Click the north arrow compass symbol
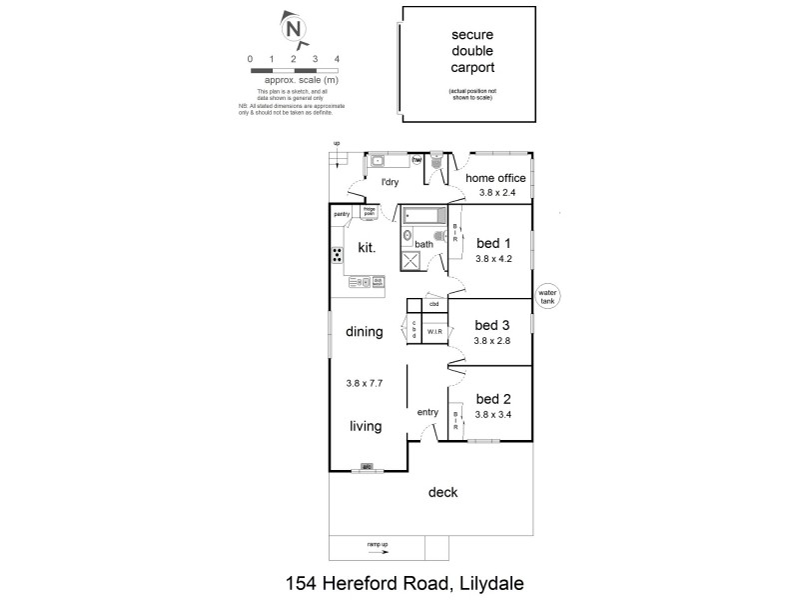(x=295, y=29)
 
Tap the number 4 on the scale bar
(x=337, y=59)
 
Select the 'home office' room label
(x=495, y=178)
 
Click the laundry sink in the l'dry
(x=380, y=160)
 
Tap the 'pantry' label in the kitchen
(x=342, y=213)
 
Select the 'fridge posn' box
(x=370, y=212)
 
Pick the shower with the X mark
(x=411, y=261)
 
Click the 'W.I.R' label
(x=434, y=330)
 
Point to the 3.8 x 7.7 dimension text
(x=366, y=382)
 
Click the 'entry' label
(x=427, y=412)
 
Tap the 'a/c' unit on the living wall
(x=367, y=466)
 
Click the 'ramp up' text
(x=377, y=544)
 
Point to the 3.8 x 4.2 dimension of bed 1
(x=493, y=258)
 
